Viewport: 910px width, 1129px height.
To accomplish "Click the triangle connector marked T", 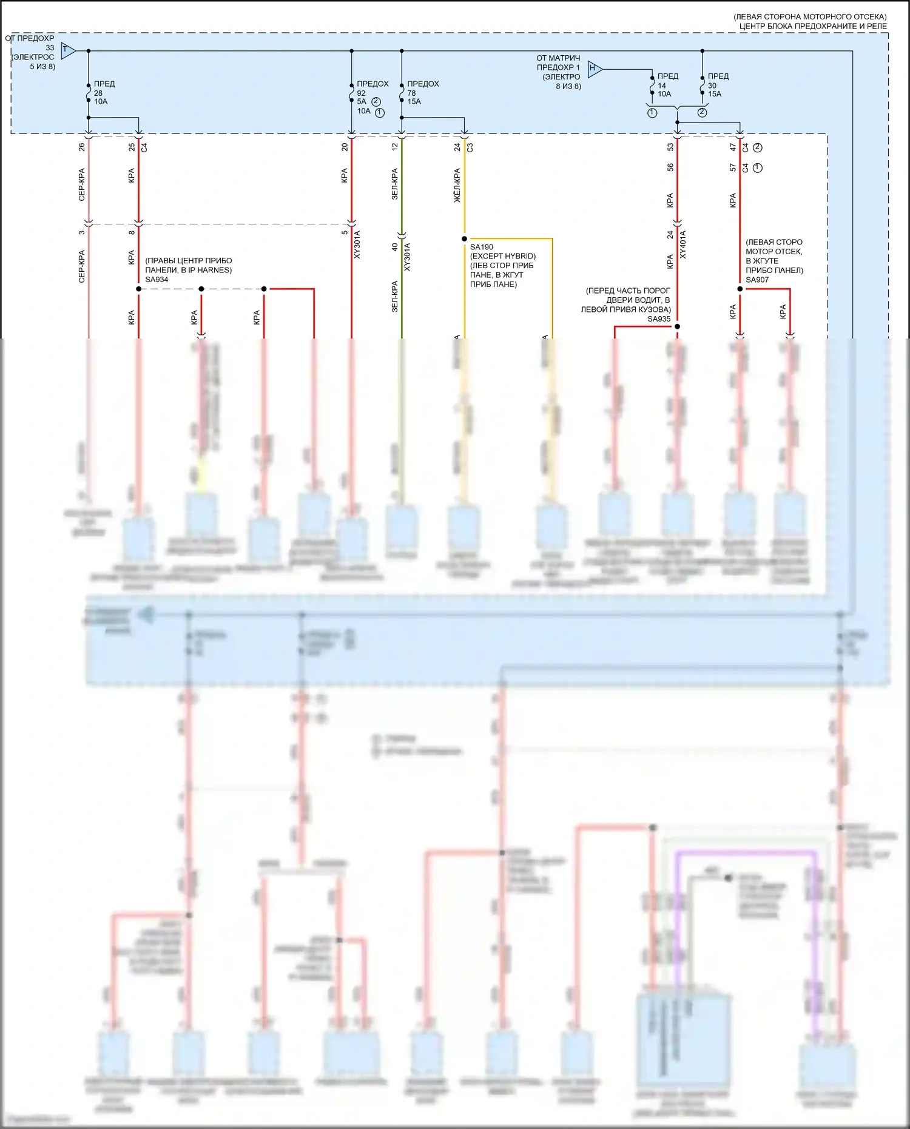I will tap(68, 50).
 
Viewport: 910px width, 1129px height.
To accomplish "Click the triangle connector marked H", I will tap(594, 69).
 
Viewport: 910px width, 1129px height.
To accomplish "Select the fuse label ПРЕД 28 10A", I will tap(104, 93).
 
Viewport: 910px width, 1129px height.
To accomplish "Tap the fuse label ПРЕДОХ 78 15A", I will tap(422, 93).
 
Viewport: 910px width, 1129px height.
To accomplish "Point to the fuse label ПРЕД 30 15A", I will tap(718, 85).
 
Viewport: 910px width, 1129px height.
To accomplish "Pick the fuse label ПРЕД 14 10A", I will tap(667, 85).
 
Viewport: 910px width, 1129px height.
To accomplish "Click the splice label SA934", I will tap(157, 280).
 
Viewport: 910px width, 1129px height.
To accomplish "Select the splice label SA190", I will tap(481, 247).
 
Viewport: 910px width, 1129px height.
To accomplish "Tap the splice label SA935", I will tap(659, 319).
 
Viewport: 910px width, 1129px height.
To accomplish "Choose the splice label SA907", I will tap(757, 280).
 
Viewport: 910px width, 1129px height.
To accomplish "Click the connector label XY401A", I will tap(683, 245).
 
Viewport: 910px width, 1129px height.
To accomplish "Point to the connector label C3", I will tap(470, 147).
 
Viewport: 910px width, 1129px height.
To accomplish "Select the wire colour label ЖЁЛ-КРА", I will tap(457, 186).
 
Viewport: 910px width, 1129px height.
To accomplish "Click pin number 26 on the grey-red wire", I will tap(82, 147).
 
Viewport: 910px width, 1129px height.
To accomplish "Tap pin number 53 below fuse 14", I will tap(670, 147).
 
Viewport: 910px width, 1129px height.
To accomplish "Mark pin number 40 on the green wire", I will tap(394, 247).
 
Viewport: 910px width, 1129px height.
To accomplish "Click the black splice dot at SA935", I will tap(677, 326).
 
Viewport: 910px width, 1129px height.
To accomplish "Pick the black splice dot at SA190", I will tap(464, 239).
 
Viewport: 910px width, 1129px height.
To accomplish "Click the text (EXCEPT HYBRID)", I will tap(503, 256).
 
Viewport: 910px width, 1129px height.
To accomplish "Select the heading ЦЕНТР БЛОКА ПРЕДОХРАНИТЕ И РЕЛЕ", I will tap(812, 26).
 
